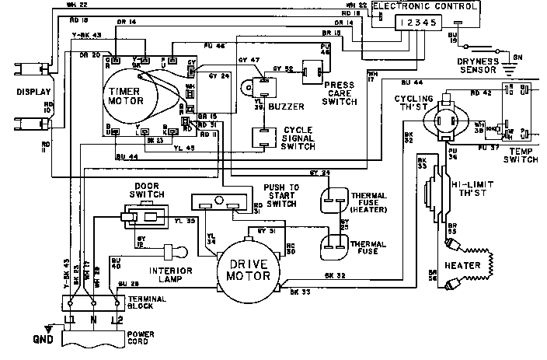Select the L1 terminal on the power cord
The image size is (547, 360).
71,320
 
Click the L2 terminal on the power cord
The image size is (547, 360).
117,320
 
